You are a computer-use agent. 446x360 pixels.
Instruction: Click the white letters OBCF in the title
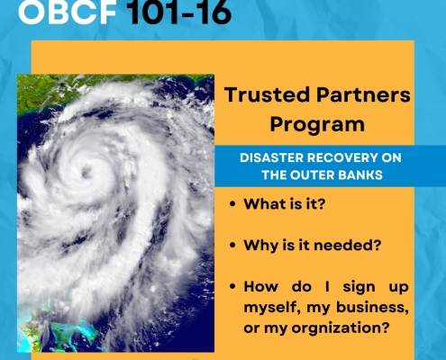pyautogui.click(x=67, y=12)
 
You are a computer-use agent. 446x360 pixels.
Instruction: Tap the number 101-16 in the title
pyautogui.click(x=179, y=12)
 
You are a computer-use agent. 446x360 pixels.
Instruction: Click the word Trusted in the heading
pyautogui.click(x=267, y=94)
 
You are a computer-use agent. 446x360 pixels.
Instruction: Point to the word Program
pyautogui.click(x=317, y=125)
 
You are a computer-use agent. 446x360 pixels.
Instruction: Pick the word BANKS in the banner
pyautogui.click(x=358, y=175)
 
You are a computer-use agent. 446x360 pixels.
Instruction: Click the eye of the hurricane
pyautogui.click(x=86, y=172)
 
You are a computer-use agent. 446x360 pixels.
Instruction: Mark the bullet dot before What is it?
pyautogui.click(x=232, y=204)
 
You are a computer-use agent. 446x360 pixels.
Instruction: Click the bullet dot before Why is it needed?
pyautogui.click(x=232, y=246)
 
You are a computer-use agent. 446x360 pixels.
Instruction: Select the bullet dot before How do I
pyautogui.click(x=232, y=286)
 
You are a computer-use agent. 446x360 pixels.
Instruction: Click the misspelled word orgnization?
pyautogui.click(x=341, y=328)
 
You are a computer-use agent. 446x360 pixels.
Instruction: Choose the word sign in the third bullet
pyautogui.click(x=360, y=287)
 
